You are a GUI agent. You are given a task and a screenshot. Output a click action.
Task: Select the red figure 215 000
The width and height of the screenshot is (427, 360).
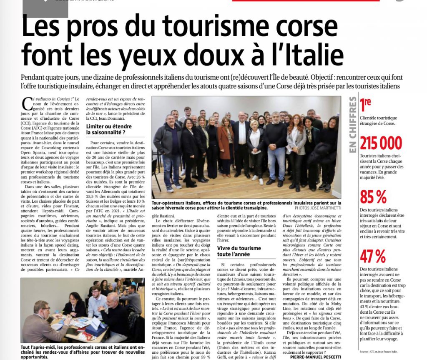click(x=381, y=143)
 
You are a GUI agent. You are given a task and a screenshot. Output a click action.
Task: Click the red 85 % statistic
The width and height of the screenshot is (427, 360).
click(x=373, y=196)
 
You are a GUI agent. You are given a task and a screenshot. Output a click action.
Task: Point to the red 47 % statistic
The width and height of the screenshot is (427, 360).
click(x=373, y=256)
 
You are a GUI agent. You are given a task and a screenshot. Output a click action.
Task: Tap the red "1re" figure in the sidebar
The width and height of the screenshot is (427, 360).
click(x=366, y=104)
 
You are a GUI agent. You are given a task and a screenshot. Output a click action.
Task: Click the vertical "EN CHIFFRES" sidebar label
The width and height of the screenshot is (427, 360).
click(x=353, y=125)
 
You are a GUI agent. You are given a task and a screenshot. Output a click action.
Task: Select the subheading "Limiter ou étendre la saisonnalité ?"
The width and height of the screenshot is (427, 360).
click(x=109, y=129)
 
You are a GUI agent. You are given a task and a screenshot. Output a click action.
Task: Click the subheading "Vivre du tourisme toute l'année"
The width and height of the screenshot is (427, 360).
click(x=239, y=252)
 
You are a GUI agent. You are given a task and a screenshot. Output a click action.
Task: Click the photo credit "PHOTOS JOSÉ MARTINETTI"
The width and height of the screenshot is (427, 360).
click(x=317, y=207)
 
